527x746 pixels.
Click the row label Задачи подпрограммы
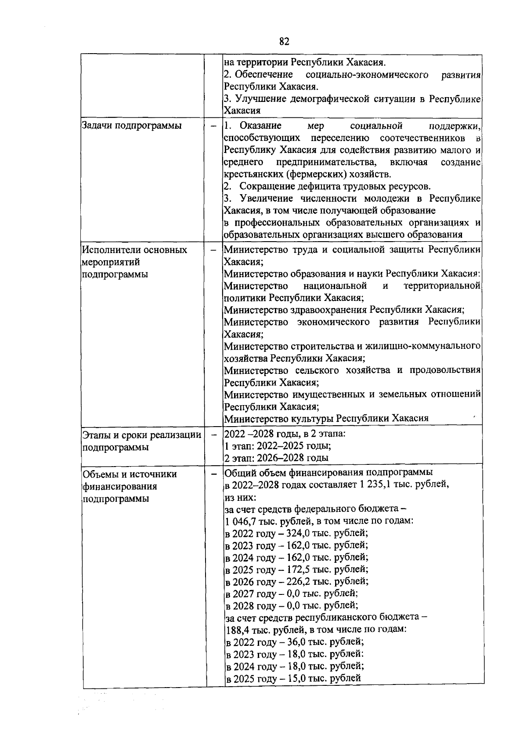(x=132, y=126)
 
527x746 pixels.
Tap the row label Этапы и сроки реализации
(x=142, y=435)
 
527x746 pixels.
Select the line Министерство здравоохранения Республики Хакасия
(x=344, y=310)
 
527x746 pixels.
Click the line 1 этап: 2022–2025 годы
(x=278, y=446)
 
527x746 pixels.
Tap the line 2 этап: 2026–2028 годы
(x=276, y=458)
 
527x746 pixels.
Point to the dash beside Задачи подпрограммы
(x=214, y=126)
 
